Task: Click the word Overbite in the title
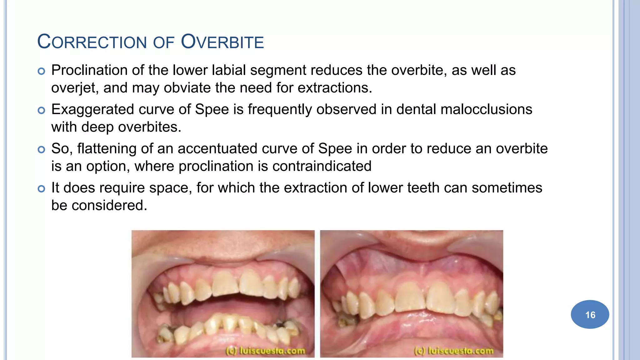pos(222,42)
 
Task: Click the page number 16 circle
pos(590,314)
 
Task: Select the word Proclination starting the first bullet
pos(89,70)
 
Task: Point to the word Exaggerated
pos(92,110)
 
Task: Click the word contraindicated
pos(322,166)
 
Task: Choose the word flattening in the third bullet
pos(107,149)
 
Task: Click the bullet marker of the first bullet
pos(41,71)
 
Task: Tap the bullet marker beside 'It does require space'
pos(41,189)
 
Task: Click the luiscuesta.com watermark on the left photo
pos(265,351)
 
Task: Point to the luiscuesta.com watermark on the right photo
pos(454,351)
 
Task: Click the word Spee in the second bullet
pos(212,110)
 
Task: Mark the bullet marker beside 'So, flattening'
pos(41,150)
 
